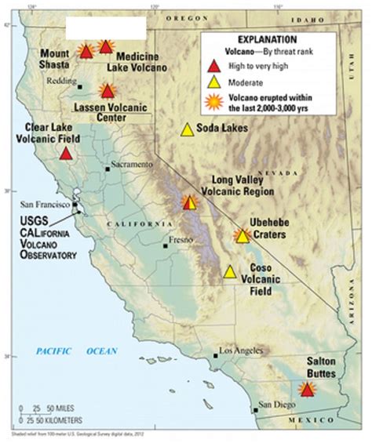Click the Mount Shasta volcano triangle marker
coord(86,52)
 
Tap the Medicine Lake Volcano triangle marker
coord(106,47)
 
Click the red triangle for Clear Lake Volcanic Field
coord(66,153)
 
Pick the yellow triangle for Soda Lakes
coord(187,130)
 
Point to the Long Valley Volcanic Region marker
coord(189,203)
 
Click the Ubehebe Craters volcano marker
coord(243,235)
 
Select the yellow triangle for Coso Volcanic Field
coord(230,272)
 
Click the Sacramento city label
coord(130,166)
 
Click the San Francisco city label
coord(46,205)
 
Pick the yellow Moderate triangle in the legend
coord(212,82)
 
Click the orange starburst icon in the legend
coord(212,100)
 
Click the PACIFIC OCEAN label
coord(75,351)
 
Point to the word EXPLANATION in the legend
coord(268,38)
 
